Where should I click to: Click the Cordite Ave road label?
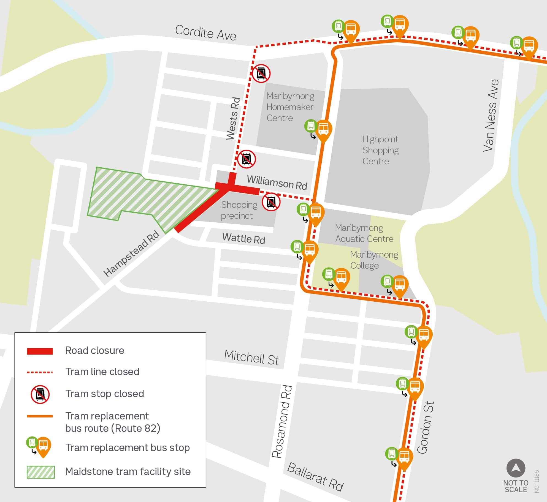(205, 33)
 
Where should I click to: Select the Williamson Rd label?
(277, 182)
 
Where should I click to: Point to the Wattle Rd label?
(243, 238)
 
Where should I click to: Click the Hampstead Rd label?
(131, 253)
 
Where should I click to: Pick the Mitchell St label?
(251, 357)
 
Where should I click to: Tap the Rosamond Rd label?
(281, 421)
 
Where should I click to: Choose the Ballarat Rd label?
(315, 477)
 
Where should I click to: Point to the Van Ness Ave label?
(491, 116)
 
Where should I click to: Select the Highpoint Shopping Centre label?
(380, 150)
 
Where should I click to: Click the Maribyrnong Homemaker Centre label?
(290, 107)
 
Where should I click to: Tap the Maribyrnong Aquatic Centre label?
(364, 233)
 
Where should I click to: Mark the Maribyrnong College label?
(374, 260)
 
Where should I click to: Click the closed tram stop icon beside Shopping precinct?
(271, 202)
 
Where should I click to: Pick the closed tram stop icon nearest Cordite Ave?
(261, 73)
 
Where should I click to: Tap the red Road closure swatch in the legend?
(40, 351)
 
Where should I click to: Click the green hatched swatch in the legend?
(40, 472)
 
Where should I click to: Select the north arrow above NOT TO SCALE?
(516, 468)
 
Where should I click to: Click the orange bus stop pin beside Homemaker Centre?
(323, 130)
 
